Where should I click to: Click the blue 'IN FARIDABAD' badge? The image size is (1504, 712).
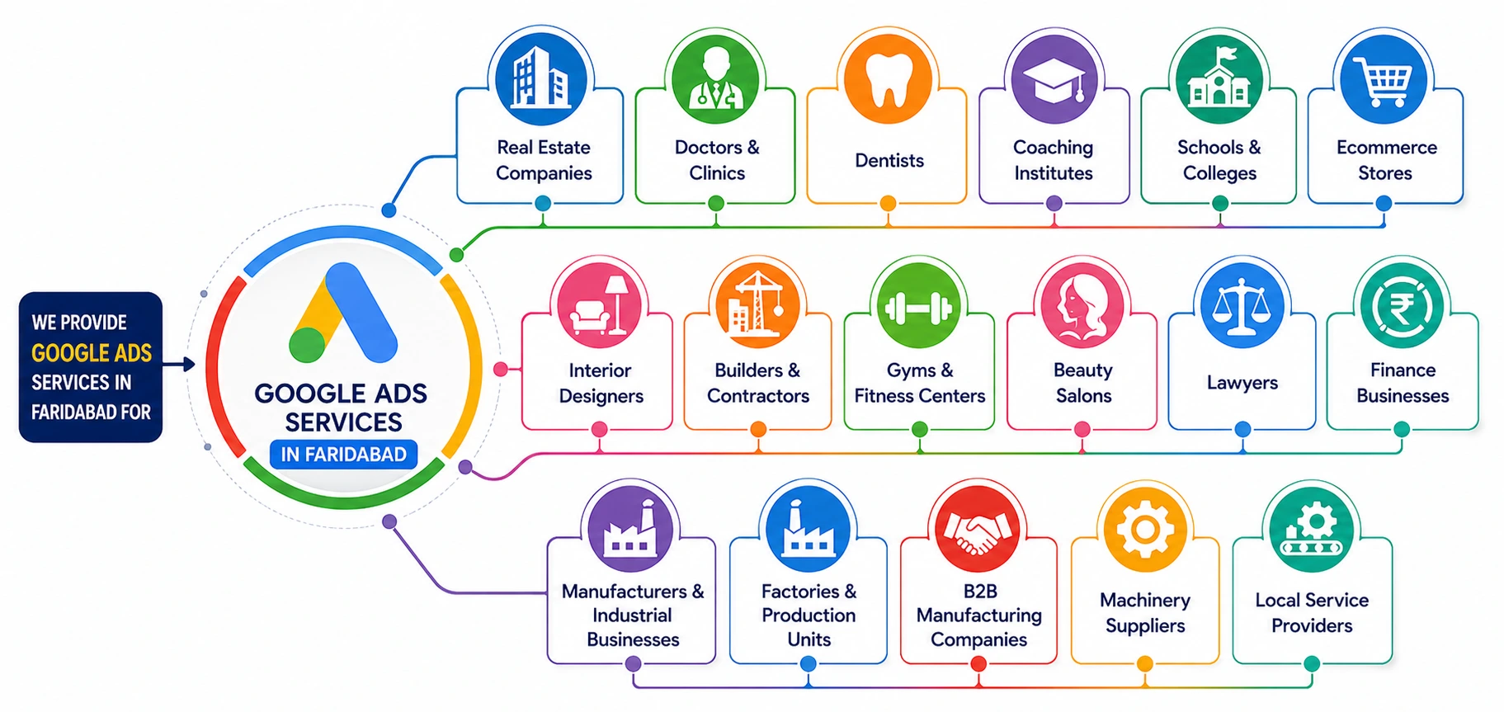pos(343,454)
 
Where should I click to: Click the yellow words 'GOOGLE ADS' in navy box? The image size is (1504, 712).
pos(92,353)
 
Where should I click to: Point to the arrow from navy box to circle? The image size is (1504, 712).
pos(179,364)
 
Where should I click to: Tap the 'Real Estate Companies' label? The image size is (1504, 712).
pos(543,160)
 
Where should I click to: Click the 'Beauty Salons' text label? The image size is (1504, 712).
pos(1082,383)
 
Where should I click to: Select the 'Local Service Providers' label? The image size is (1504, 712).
pos(1311,612)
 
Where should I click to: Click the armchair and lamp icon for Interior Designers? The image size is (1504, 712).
pos(600,306)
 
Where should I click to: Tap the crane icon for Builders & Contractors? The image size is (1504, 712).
pos(757,306)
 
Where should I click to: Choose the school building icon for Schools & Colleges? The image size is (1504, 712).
pos(1219,79)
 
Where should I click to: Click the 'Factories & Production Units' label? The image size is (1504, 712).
pos(809,615)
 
